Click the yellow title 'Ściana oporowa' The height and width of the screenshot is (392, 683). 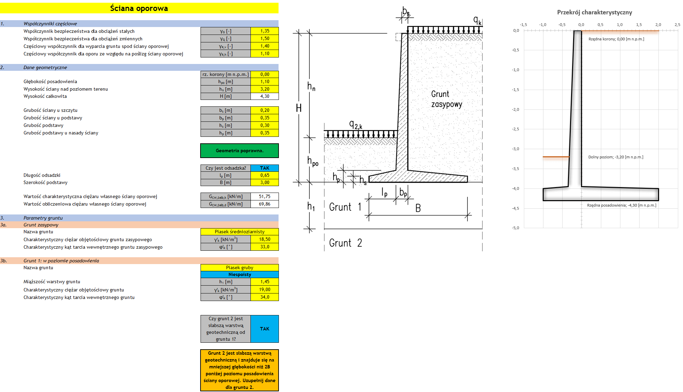139,8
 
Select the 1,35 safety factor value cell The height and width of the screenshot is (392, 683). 265,31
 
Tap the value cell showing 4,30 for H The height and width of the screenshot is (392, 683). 265,96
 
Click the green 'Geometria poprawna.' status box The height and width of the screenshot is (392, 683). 239,151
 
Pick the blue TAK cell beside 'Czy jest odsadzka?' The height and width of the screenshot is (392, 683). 265,168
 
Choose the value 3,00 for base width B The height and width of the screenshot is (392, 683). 265,182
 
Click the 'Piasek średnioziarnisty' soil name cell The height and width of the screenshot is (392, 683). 239,232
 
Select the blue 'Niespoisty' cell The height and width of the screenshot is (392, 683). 239,274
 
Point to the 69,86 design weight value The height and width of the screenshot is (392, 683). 265,204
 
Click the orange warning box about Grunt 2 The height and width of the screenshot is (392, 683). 239,370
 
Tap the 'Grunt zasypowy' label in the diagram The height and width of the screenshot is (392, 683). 446,99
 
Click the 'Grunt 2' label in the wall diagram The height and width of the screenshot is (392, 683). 345,243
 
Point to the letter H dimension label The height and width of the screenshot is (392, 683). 299,108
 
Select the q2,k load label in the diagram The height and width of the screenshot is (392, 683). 355,125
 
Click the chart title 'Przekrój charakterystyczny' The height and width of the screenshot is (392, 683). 594,12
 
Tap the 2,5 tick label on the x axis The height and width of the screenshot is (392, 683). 677,25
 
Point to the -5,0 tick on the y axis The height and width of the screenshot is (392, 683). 515,228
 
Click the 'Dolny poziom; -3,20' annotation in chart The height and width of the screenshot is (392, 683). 616,157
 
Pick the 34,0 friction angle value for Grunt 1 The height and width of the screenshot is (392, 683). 265,297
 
